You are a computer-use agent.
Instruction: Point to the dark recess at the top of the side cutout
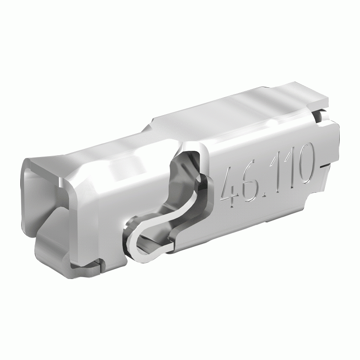(187, 155)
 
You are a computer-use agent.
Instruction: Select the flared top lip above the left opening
(45, 162)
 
